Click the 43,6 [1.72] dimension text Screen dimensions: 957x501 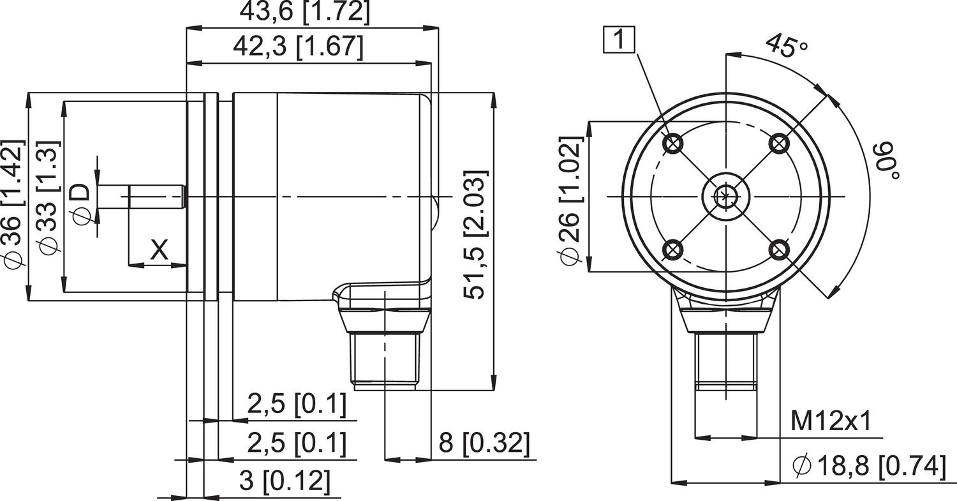click(x=304, y=12)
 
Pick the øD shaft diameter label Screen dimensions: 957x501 click(x=81, y=204)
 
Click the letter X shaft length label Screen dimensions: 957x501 click(x=159, y=250)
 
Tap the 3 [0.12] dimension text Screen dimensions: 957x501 click(x=285, y=481)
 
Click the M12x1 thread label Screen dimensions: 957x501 click(x=831, y=421)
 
